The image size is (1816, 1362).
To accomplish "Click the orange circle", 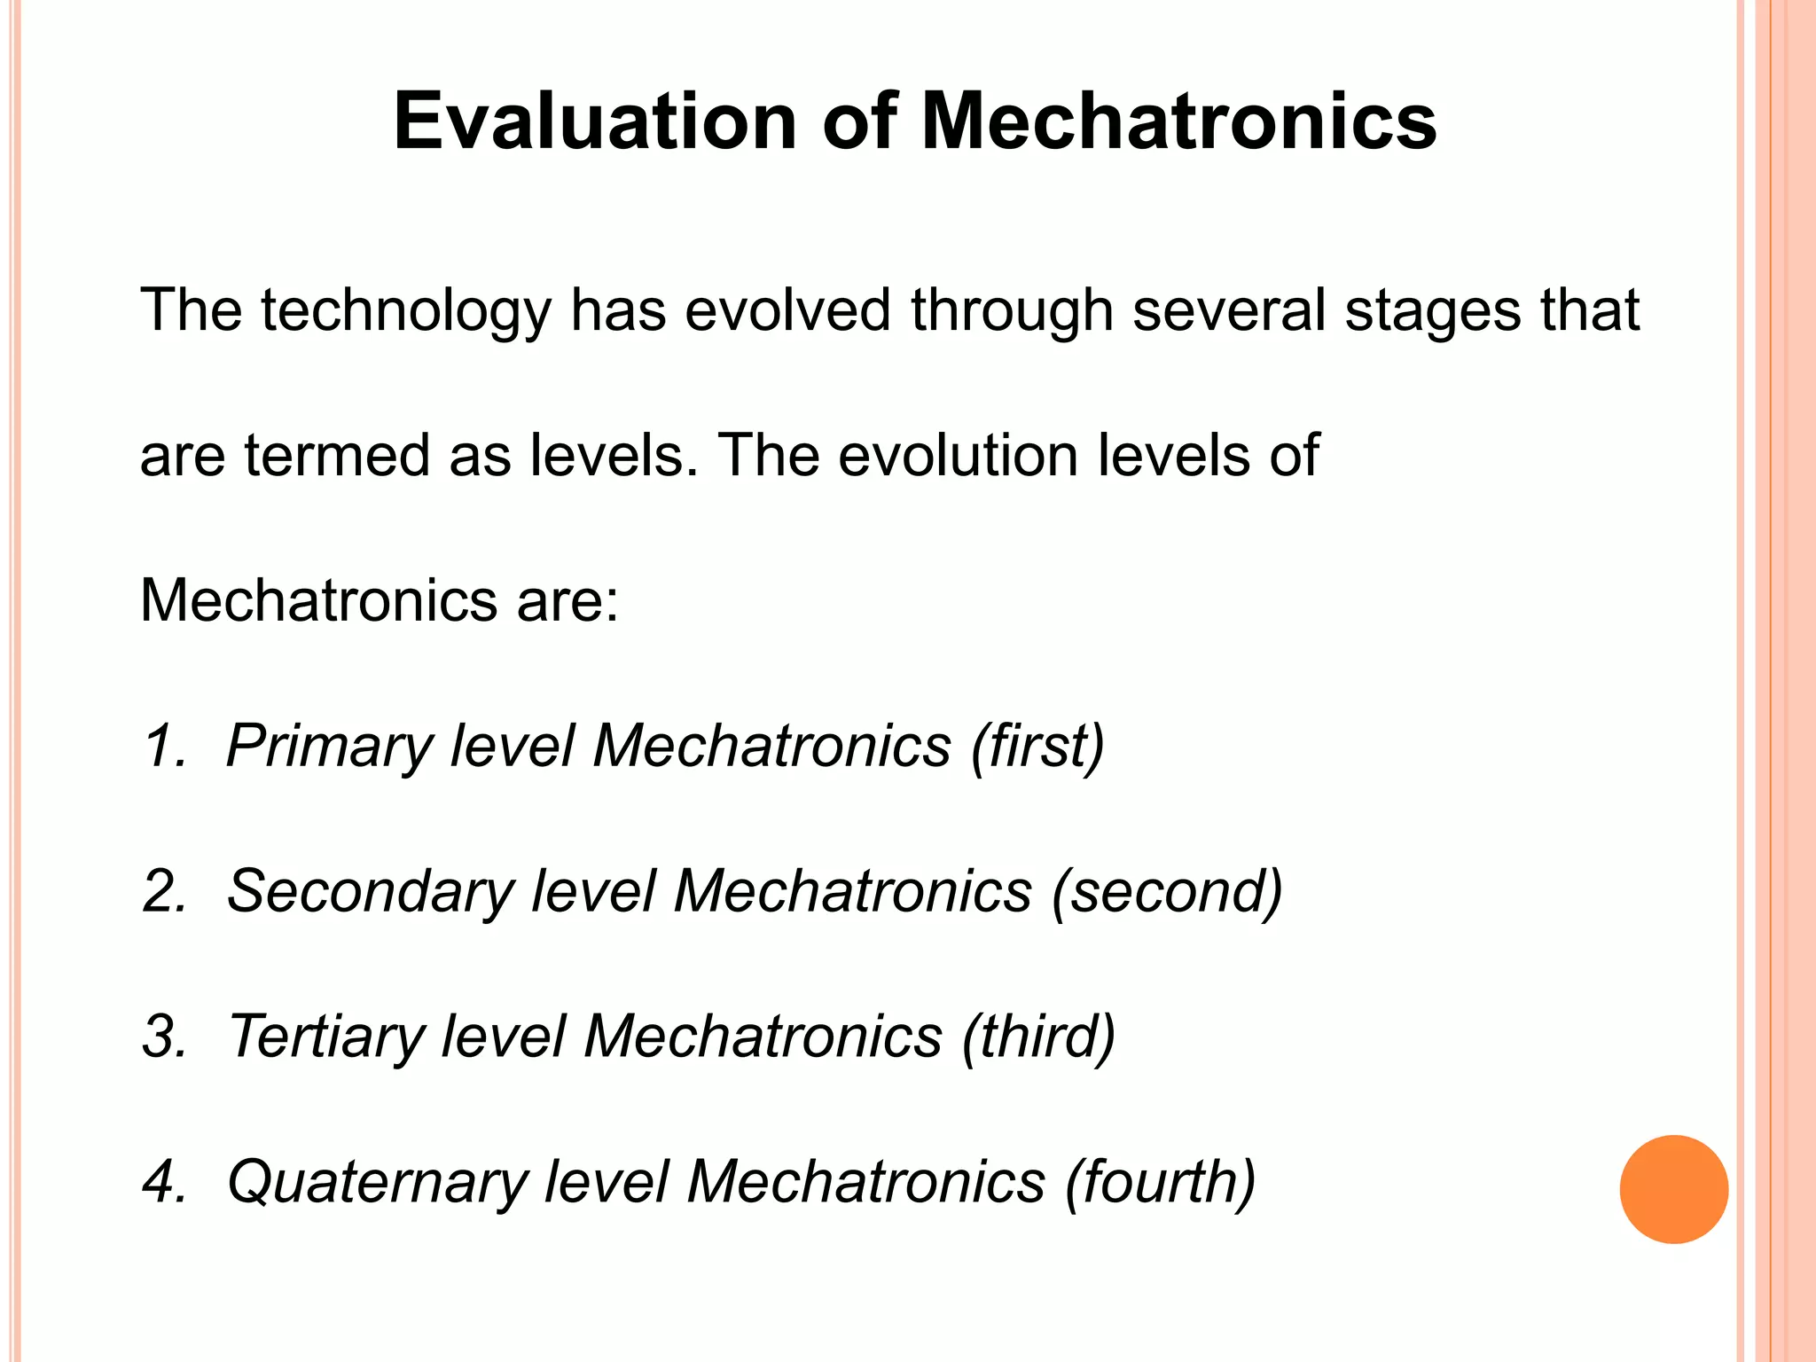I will [x=1673, y=1189].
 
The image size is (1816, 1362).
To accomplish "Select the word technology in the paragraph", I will [x=405, y=311].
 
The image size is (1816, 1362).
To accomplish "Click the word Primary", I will [x=327, y=746].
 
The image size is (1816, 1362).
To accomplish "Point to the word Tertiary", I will [x=324, y=1037].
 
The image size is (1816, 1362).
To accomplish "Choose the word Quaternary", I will [x=376, y=1182].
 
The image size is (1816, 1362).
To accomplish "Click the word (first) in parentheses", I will [x=1037, y=746].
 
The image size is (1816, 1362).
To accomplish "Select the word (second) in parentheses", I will [x=1167, y=891].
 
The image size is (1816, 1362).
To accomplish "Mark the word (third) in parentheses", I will [x=1038, y=1037].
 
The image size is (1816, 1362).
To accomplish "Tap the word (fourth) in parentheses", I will [x=1159, y=1182].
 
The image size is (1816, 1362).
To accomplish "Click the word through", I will [x=1012, y=311].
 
